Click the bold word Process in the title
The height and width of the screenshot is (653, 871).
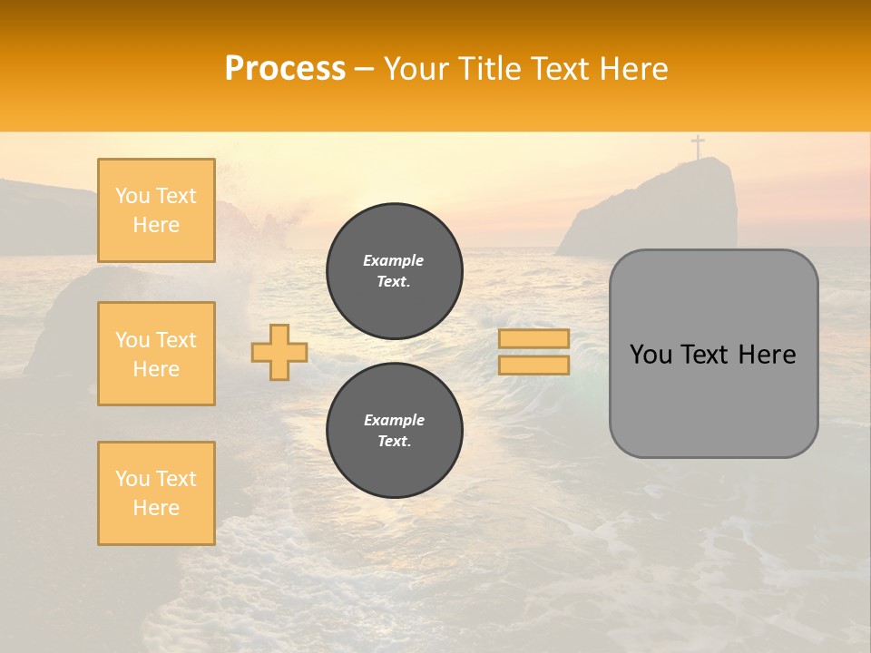285,69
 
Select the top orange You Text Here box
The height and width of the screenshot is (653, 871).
156,210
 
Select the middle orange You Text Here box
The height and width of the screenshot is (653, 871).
156,354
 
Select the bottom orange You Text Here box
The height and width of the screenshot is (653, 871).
156,493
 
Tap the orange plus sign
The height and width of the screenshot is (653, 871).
279,352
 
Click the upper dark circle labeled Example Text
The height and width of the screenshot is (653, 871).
394,271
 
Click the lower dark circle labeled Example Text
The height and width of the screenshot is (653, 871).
394,431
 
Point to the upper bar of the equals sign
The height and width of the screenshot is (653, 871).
533,338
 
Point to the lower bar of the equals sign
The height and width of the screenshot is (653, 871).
533,365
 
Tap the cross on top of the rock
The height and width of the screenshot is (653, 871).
698,146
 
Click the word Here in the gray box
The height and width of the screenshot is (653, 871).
768,355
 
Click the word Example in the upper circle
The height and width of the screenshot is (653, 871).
394,260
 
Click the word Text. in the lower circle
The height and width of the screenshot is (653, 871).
394,442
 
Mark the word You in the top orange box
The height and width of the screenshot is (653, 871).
132,196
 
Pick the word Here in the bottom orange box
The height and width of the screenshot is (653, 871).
156,508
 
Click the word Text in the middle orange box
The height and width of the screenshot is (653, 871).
175,340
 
